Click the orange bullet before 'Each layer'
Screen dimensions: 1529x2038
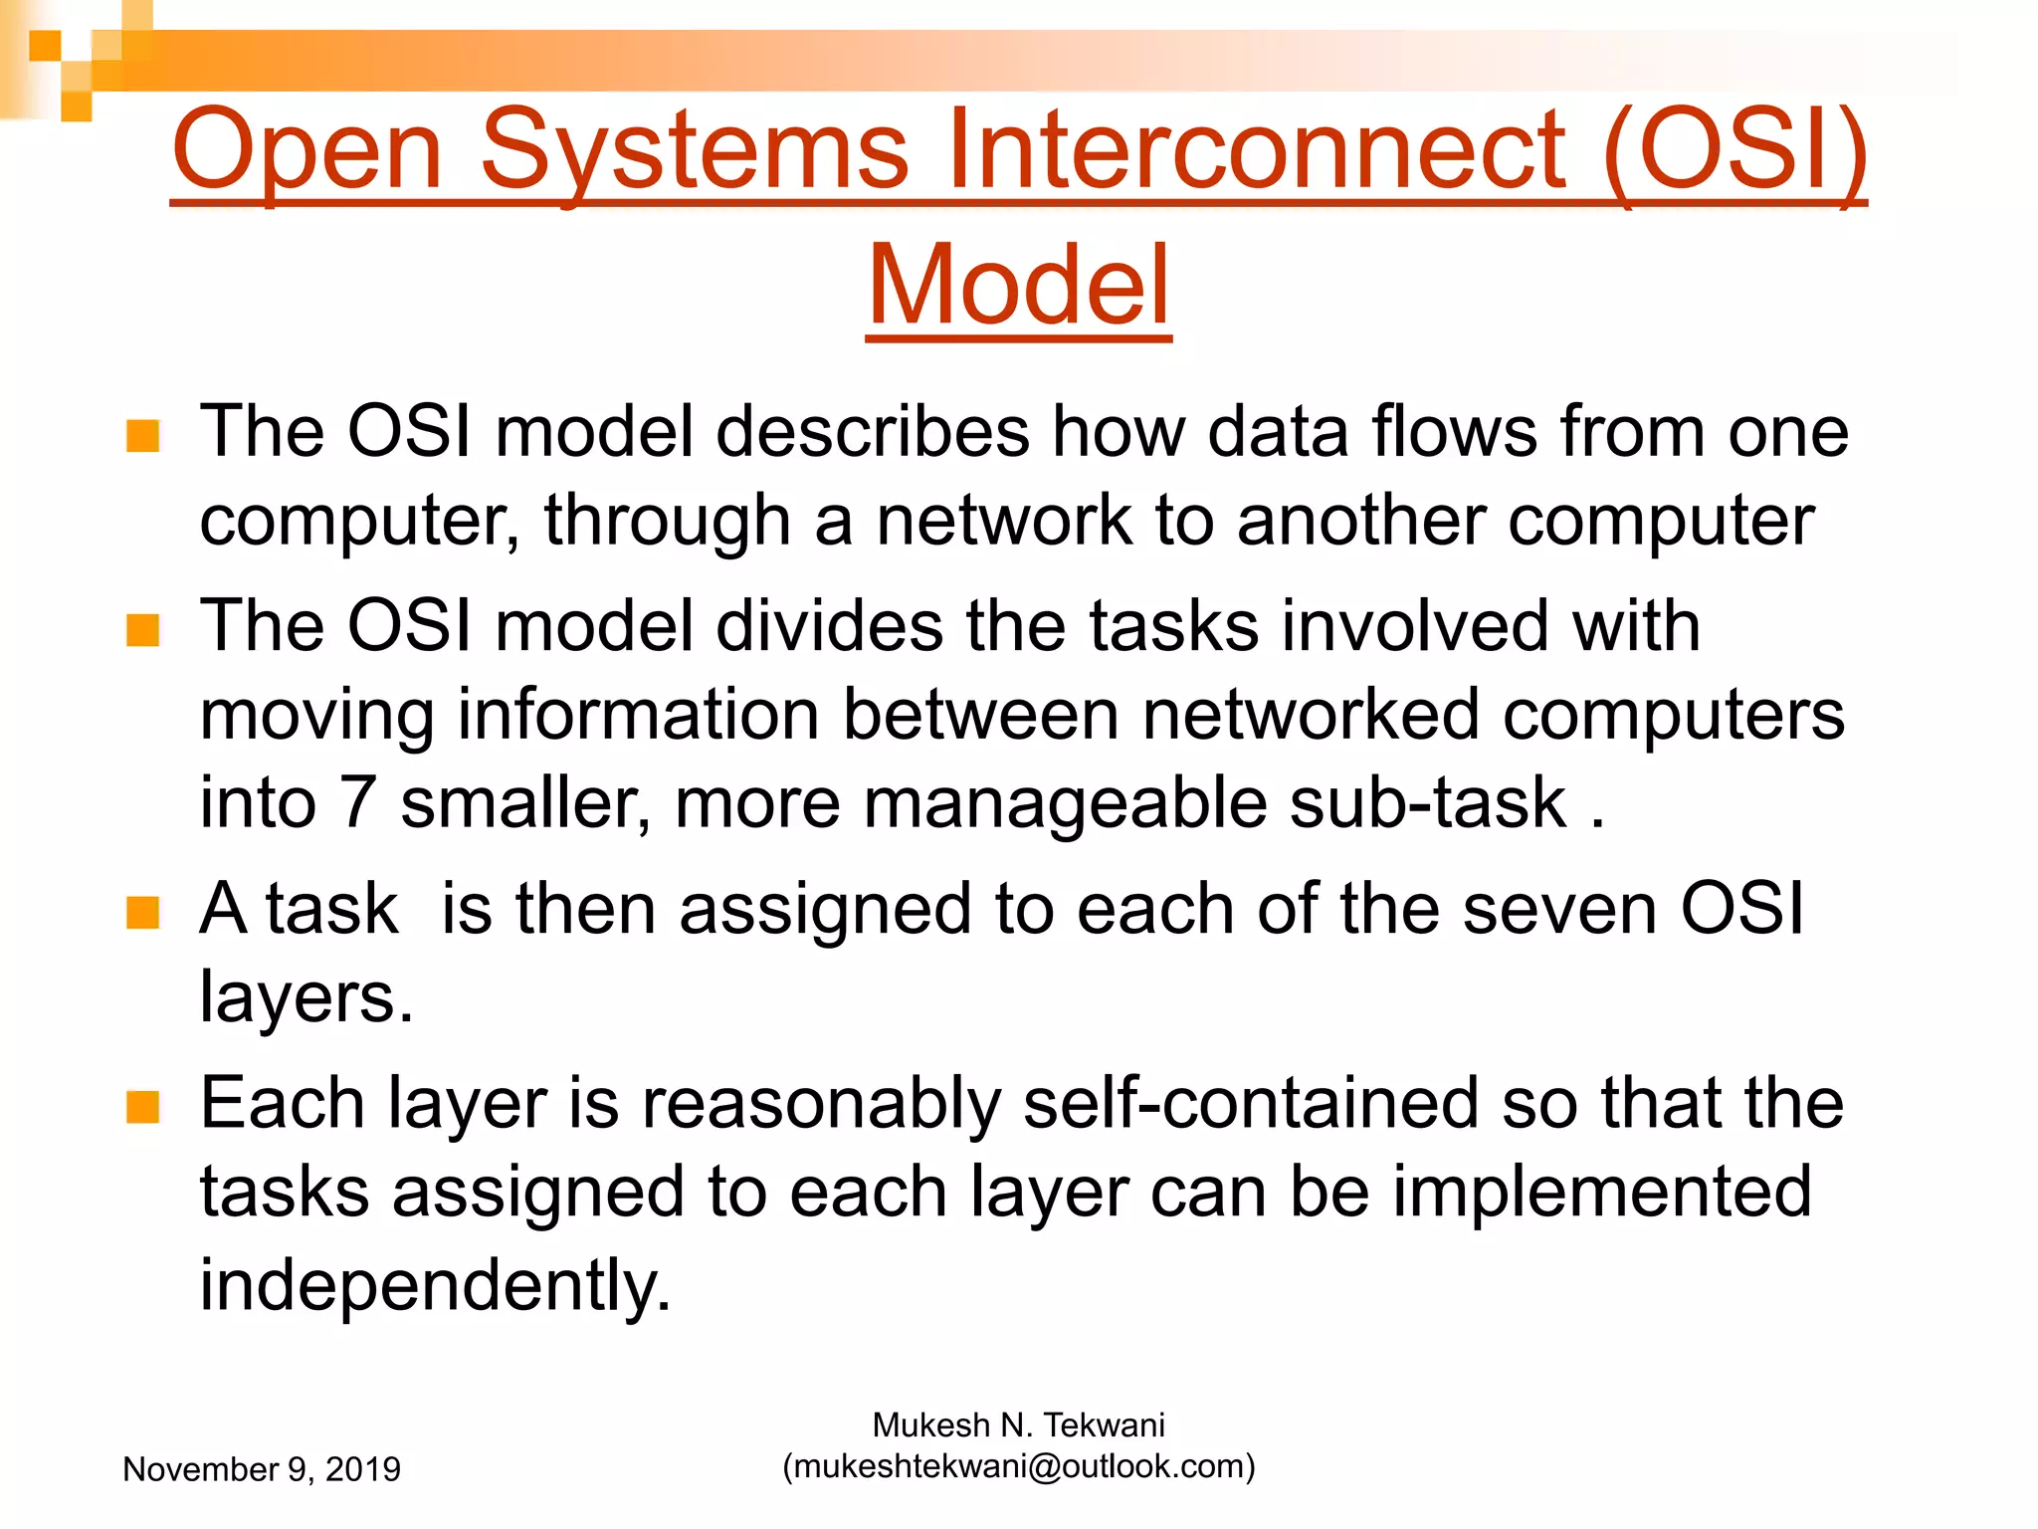(x=143, y=1106)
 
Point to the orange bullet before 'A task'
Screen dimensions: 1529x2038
(x=143, y=912)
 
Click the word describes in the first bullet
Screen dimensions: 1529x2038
(x=872, y=432)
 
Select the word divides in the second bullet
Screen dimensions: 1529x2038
(x=829, y=626)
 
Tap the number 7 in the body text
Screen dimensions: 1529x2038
(x=357, y=802)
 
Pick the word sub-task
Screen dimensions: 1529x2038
(x=1427, y=802)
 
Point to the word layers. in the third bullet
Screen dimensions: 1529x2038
(x=306, y=997)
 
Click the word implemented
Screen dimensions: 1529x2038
(x=1600, y=1192)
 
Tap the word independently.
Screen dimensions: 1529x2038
(x=435, y=1285)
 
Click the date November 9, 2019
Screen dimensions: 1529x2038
(x=262, y=1469)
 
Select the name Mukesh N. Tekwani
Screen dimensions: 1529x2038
(x=1018, y=1425)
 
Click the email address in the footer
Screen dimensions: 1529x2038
(x=1018, y=1466)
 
